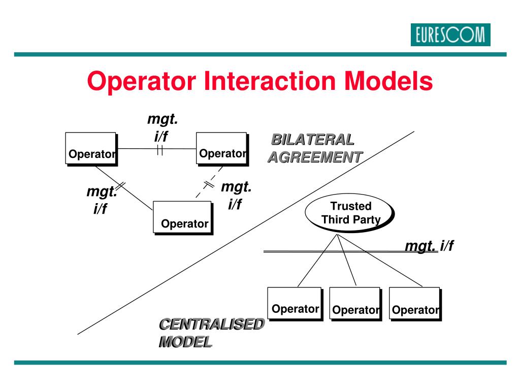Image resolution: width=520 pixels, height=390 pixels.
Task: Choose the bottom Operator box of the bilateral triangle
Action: pyautogui.click(x=182, y=217)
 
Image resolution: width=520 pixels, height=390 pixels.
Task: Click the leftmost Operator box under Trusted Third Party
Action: pyautogui.click(x=295, y=303)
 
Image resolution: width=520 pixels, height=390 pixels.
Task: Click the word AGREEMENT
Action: pyautogui.click(x=315, y=157)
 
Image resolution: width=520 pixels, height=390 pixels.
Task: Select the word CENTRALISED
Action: pyautogui.click(x=211, y=324)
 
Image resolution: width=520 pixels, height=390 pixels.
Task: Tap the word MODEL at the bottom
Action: pyautogui.click(x=185, y=342)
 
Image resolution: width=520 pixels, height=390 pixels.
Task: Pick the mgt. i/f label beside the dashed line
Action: pyautogui.click(x=236, y=196)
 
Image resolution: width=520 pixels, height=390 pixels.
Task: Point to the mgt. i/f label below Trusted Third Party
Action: pyautogui.click(x=429, y=246)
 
